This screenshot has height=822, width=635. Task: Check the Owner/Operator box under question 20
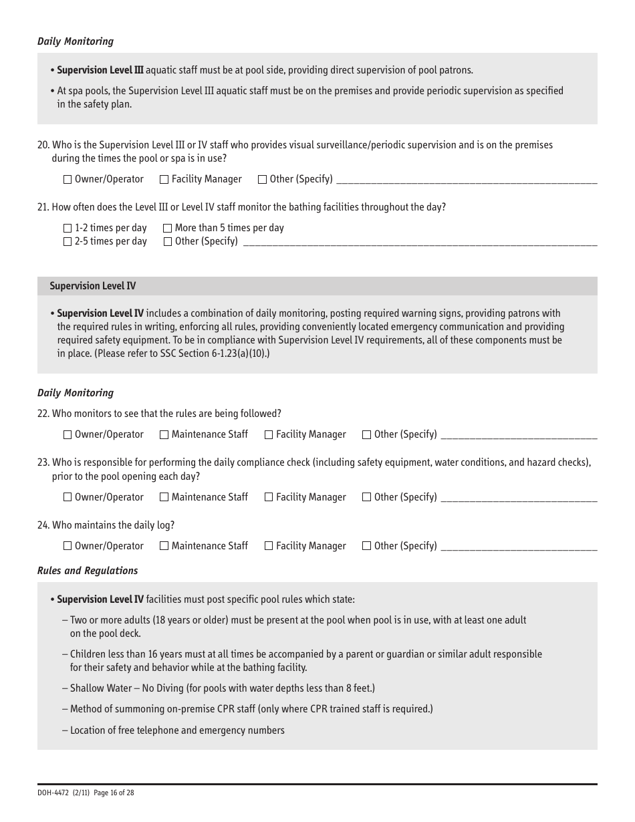[68, 180]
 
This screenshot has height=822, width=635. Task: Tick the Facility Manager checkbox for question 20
[164, 180]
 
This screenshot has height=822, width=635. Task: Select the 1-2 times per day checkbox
[68, 229]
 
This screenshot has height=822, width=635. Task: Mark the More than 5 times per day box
[168, 229]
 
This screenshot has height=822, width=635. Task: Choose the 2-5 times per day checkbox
[68, 242]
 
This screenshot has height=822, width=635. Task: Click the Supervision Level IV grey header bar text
[92, 286]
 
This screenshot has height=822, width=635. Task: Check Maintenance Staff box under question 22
[164, 435]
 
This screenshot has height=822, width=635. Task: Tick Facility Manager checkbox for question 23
[269, 497]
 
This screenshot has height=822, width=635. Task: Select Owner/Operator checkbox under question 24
[68, 546]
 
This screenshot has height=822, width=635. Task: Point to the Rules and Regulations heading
[88, 571]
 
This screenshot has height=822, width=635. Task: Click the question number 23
[43, 462]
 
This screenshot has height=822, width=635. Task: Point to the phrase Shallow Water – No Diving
[126, 688]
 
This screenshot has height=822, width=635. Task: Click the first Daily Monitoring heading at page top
[76, 41]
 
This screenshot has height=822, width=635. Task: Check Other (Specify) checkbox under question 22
[366, 435]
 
